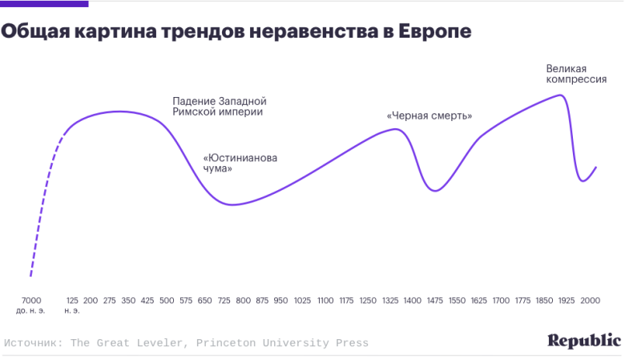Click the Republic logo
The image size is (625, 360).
click(x=584, y=340)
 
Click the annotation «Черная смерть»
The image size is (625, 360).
click(x=429, y=116)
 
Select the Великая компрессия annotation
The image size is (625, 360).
click(x=575, y=74)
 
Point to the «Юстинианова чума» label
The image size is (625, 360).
click(x=240, y=163)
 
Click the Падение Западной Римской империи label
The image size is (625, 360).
click(x=219, y=107)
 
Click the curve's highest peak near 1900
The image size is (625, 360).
click(x=558, y=95)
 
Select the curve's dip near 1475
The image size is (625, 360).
click(x=434, y=190)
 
